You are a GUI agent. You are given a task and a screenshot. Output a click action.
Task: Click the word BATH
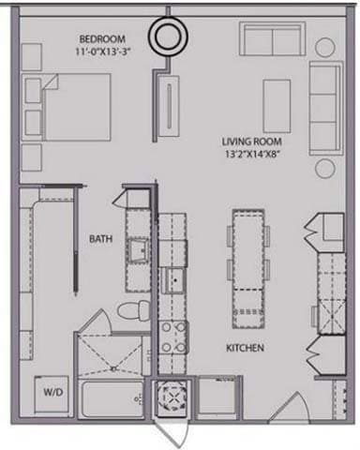pyautogui.click(x=100, y=239)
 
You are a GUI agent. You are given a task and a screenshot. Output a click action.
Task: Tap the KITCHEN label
pyautogui.click(x=244, y=348)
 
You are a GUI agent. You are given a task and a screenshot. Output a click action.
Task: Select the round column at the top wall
pyautogui.click(x=171, y=37)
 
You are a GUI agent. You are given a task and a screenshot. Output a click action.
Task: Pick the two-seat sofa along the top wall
pyautogui.click(x=271, y=40)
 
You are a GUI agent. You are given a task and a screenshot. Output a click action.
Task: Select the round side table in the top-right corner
pyautogui.click(x=325, y=46)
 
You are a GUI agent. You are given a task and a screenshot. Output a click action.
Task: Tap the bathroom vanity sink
pyautogui.click(x=138, y=250)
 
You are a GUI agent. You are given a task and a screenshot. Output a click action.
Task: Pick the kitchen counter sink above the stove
pyautogui.click(x=172, y=278)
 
